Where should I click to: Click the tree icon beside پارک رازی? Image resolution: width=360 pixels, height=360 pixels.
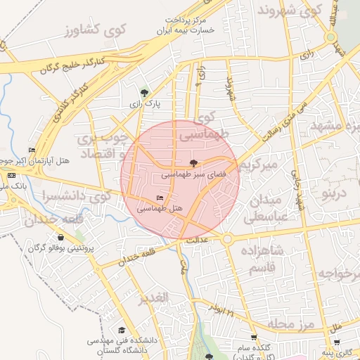(x=144, y=92)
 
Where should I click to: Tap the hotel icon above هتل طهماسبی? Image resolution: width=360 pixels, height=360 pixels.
(x=160, y=198)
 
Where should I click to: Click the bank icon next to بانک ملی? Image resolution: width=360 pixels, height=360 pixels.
(x=11, y=174)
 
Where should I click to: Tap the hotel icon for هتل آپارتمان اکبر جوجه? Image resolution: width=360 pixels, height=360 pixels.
(x=32, y=150)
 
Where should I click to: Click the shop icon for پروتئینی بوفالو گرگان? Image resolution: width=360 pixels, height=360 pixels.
(x=60, y=238)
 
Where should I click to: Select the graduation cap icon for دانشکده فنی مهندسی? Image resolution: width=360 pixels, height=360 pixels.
(x=121, y=330)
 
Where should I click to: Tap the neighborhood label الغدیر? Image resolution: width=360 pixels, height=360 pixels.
(x=154, y=298)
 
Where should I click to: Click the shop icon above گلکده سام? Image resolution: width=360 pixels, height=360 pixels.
(x=253, y=338)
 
